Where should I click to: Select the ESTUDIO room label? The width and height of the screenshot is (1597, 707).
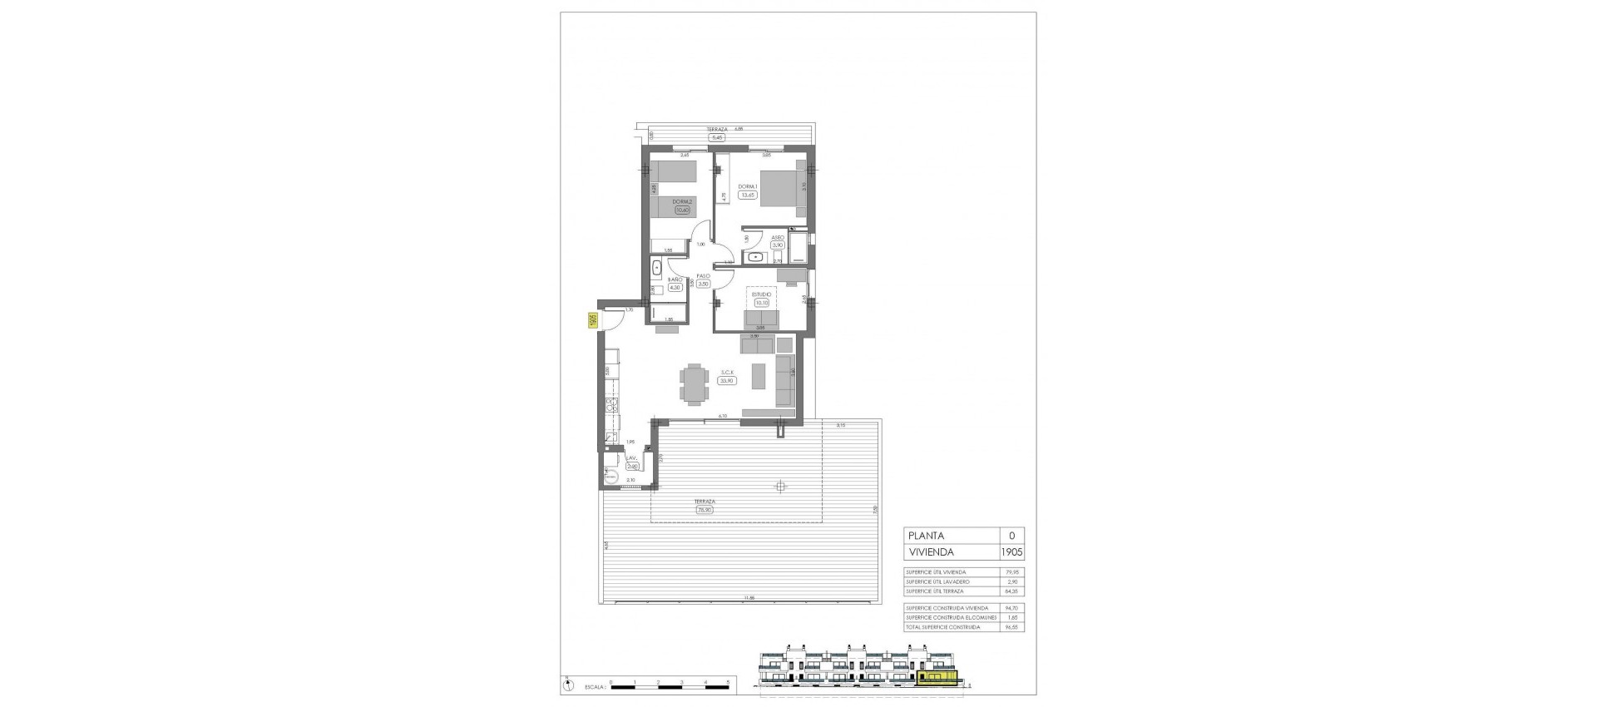(x=761, y=294)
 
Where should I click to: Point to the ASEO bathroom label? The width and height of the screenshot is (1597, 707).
(x=778, y=237)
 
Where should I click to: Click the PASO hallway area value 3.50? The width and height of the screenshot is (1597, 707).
(x=703, y=284)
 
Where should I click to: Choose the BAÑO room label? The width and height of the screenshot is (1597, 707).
(x=675, y=279)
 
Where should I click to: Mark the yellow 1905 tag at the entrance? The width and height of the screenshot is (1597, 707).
(x=593, y=320)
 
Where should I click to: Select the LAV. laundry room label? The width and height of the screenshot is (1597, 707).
(x=631, y=458)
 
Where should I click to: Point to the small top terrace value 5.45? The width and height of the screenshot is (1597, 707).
(x=718, y=137)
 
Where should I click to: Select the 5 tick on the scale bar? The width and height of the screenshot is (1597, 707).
(x=728, y=682)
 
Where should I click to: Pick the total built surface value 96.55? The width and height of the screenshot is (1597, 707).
(x=1011, y=627)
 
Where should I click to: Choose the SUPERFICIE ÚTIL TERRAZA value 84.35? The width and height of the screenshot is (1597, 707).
(x=1011, y=591)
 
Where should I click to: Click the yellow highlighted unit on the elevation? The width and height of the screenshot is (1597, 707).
(x=938, y=680)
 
